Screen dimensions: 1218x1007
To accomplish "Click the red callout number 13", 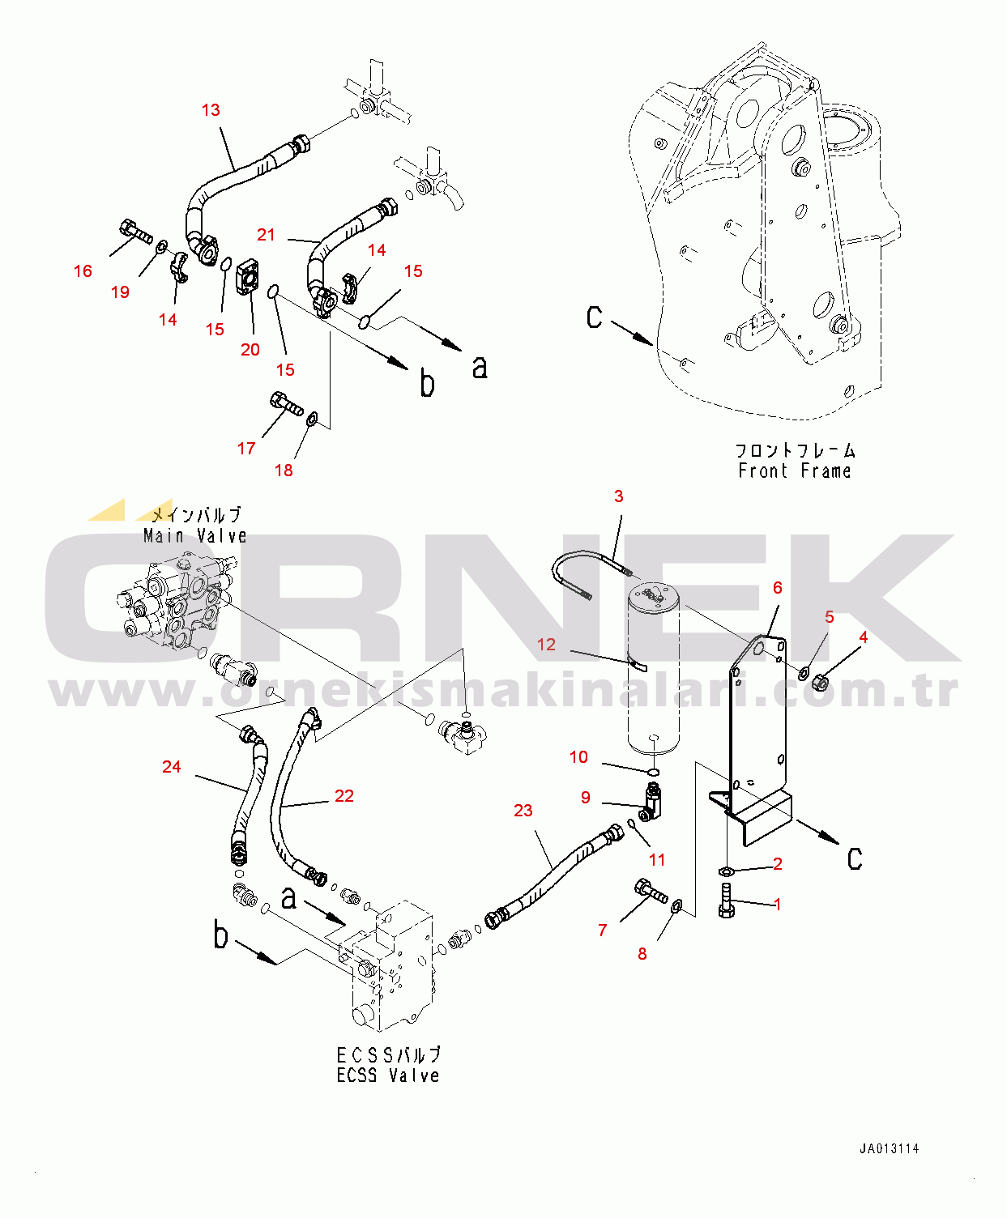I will [211, 110].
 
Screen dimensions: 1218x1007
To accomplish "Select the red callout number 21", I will [266, 235].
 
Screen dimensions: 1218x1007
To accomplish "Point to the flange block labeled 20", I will [248, 278].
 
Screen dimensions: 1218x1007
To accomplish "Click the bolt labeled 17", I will [284, 402].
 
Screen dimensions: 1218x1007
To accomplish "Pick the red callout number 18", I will [284, 471].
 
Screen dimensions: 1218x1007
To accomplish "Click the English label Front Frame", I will [794, 471].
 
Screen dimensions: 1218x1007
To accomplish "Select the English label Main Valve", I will [194, 536].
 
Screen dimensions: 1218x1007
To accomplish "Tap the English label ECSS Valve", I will [388, 1075].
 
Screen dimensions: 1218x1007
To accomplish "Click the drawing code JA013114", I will [889, 1148].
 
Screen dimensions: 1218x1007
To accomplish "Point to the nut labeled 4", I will [820, 683].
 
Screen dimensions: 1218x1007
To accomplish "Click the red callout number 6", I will [777, 588].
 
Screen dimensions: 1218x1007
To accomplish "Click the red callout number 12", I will [546, 645].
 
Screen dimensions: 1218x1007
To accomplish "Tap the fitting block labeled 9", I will [651, 801].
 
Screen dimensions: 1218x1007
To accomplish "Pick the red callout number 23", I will [523, 811].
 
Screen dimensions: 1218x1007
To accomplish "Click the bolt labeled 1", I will [726, 901].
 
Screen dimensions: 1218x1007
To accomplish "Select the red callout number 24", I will [171, 767].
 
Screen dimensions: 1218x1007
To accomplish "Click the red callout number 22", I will [343, 796].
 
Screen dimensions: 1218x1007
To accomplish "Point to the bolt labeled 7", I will [651, 892].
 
